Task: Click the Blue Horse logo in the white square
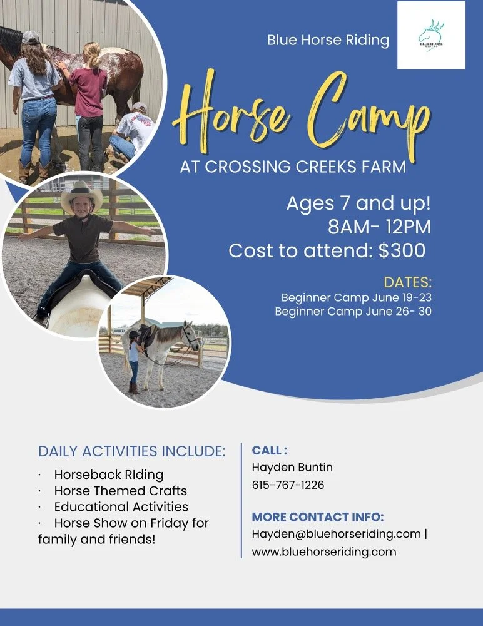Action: coord(431,35)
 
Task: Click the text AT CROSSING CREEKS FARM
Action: coord(293,167)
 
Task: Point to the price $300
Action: coord(402,250)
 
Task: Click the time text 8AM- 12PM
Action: coord(379,226)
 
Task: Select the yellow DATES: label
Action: coord(407,281)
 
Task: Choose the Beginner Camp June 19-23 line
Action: coord(356,297)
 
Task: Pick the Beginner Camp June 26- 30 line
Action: coord(353,311)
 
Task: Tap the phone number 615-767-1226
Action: coord(288,485)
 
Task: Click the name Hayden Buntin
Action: coord(292,468)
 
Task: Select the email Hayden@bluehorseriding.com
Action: coord(336,534)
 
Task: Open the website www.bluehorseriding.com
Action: coord(324,552)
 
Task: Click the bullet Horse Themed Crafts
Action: coord(120,490)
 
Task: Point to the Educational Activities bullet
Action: coord(121,506)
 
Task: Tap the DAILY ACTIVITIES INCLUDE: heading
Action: coord(132,451)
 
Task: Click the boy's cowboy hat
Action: coord(81,196)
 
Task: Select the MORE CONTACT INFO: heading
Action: coord(317,517)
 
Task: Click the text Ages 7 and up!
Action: coord(358,203)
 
